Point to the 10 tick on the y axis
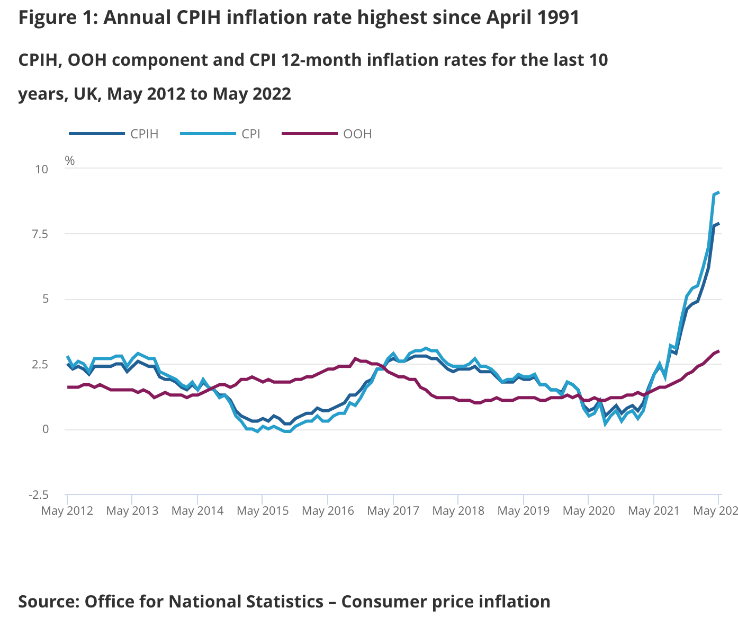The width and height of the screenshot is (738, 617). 41,169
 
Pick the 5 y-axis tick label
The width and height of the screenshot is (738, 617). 45,299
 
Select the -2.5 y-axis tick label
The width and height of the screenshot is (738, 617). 38,495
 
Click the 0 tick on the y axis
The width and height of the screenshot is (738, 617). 46,429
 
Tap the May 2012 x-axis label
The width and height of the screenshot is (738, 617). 67,511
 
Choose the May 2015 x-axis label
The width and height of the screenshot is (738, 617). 263,511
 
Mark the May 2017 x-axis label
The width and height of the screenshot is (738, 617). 393,511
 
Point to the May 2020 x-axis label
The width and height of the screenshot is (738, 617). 589,511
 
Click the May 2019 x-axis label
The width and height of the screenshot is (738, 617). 524,511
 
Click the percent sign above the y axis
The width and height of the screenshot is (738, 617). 70,161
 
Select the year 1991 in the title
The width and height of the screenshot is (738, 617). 558,18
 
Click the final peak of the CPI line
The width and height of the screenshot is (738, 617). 718,192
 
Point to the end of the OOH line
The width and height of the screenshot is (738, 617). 718,351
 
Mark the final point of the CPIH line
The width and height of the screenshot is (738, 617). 718,224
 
